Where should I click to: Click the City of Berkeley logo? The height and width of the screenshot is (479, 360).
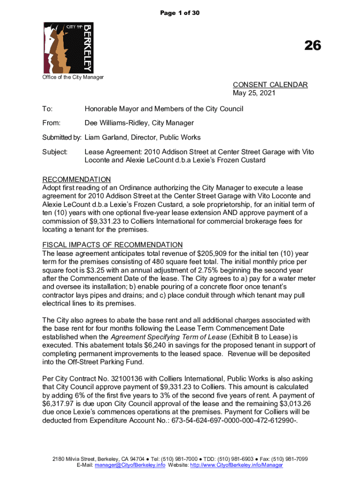tap(68, 47)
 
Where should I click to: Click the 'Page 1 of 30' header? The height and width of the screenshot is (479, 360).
tap(180, 13)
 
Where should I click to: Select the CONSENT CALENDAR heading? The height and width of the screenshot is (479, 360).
tap(270, 85)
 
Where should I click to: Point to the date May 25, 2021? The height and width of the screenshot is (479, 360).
tap(254, 93)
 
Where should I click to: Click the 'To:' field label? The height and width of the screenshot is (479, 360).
tap(47, 109)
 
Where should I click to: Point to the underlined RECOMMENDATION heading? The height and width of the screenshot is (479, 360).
tap(77, 180)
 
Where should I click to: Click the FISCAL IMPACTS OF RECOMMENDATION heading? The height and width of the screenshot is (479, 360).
tap(112, 245)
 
